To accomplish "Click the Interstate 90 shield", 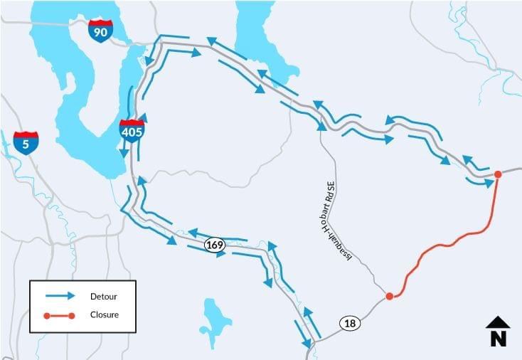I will point(100,31).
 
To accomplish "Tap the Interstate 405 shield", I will point(132,130).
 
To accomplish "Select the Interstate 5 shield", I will point(26,142).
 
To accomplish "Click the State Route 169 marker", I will point(214,245).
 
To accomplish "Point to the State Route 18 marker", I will point(350,323).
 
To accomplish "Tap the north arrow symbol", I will point(498,323).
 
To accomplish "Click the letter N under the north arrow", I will point(498,339).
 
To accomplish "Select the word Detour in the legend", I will point(103,296).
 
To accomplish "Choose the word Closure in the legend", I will point(105,314).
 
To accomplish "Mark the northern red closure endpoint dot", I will point(498,174).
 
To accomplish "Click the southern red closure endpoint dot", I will point(389,296).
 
